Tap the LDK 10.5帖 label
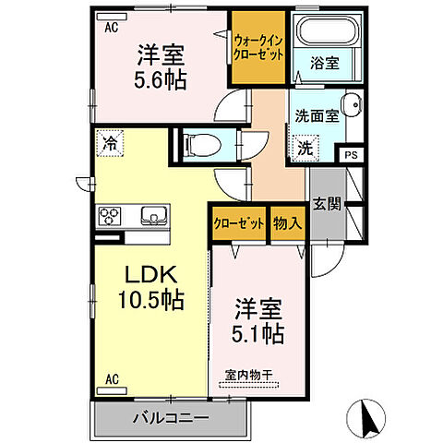[x=153, y=287]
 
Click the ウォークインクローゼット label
[x=258, y=47]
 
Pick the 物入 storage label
[x=287, y=223]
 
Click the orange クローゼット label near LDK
[x=236, y=223]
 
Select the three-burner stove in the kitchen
[x=110, y=218]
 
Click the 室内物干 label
[x=250, y=376]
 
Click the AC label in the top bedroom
[x=110, y=28]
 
